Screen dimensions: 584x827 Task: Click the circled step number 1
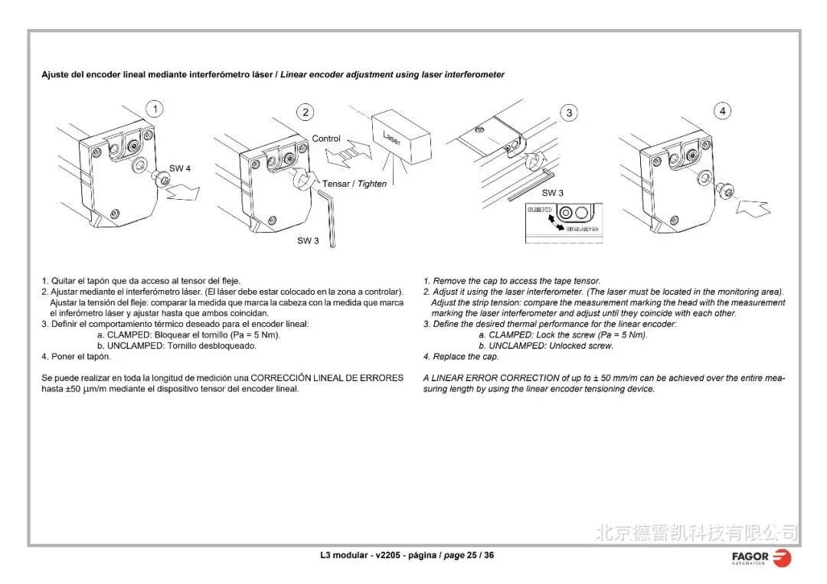[x=155, y=109]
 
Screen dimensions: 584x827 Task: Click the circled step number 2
[x=306, y=113]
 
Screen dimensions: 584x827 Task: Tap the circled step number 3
[x=569, y=113]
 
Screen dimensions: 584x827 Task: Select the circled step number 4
[x=723, y=111]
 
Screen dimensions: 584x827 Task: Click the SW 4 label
[x=180, y=168]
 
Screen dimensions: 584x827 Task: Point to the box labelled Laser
[x=400, y=139]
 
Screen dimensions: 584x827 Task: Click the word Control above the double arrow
[x=326, y=139]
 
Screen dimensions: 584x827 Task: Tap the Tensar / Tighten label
[x=355, y=184]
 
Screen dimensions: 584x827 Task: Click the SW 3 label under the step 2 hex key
[x=308, y=241]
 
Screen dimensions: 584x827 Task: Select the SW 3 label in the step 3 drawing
[x=552, y=193]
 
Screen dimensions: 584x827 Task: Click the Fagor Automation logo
[x=761, y=558]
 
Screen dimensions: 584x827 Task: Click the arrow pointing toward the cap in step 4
[x=754, y=207]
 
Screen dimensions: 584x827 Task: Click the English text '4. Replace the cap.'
[x=461, y=357]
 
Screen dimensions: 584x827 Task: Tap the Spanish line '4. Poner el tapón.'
[x=76, y=357]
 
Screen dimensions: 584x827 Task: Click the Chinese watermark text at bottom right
[x=696, y=532]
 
